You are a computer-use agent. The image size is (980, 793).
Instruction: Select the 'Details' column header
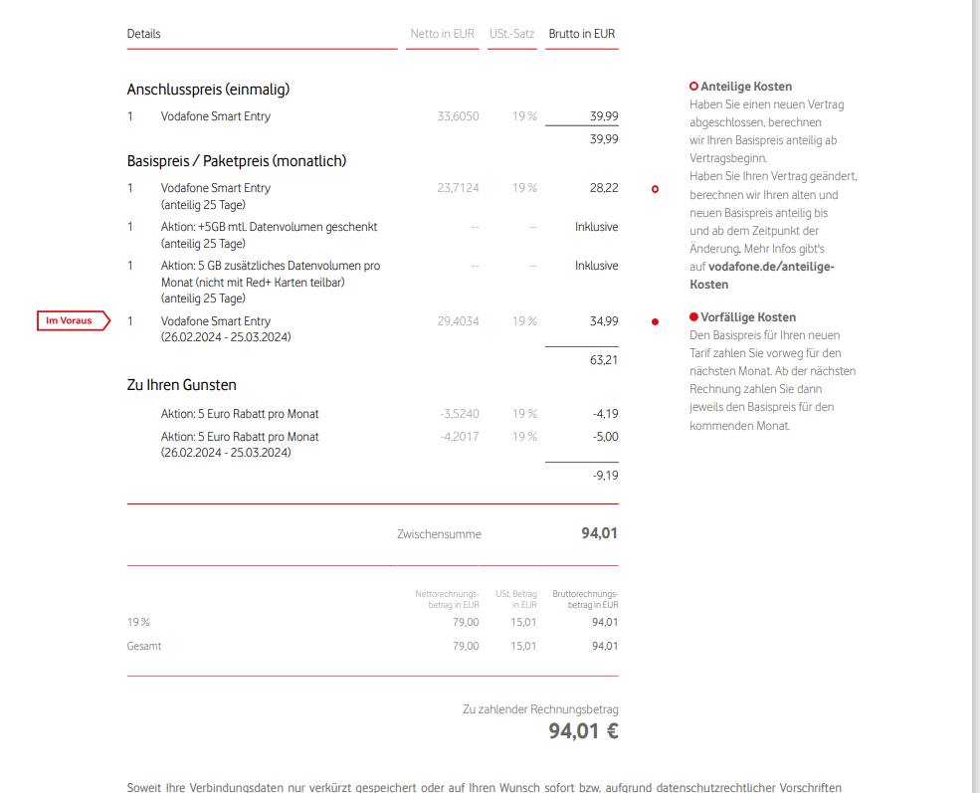143,34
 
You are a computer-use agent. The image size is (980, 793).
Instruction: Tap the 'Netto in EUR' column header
442,34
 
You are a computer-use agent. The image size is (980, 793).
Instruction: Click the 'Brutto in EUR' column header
582,34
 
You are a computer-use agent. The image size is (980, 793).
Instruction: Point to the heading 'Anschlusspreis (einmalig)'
208,90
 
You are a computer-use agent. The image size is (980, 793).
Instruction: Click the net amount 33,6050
458,116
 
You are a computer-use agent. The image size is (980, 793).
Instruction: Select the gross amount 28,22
604,188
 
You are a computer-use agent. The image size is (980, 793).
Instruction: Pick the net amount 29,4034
458,321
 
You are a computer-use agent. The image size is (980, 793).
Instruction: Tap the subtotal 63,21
604,359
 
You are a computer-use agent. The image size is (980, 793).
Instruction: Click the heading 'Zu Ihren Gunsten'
181,385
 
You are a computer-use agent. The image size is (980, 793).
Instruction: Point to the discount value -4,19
605,414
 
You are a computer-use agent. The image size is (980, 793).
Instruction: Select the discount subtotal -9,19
605,477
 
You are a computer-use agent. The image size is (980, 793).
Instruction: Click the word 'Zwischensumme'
439,534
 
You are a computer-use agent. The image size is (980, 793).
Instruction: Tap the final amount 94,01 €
583,732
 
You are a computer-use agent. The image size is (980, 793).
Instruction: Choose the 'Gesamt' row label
144,646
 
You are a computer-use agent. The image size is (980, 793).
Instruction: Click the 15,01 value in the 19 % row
523,622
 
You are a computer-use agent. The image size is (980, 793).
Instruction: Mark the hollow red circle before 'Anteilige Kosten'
693,87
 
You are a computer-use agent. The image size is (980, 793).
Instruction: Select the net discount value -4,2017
460,437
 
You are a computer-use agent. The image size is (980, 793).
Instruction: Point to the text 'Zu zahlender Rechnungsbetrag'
540,709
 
